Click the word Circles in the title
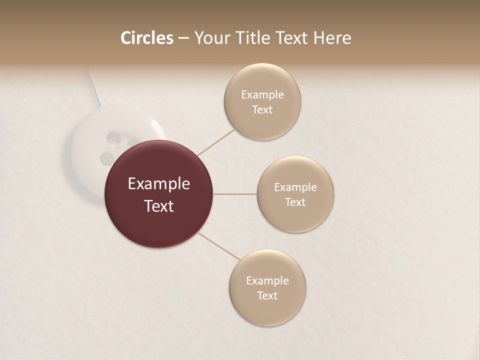146,38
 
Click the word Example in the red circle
159,184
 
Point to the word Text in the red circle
159,206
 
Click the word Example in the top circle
262,95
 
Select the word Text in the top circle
262,110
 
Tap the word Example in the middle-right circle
295,187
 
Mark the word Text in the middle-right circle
295,202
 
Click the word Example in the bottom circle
267,281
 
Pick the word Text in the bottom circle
267,296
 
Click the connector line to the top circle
216,142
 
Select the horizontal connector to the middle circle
235,194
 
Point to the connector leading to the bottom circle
219,246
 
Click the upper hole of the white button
113,136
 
